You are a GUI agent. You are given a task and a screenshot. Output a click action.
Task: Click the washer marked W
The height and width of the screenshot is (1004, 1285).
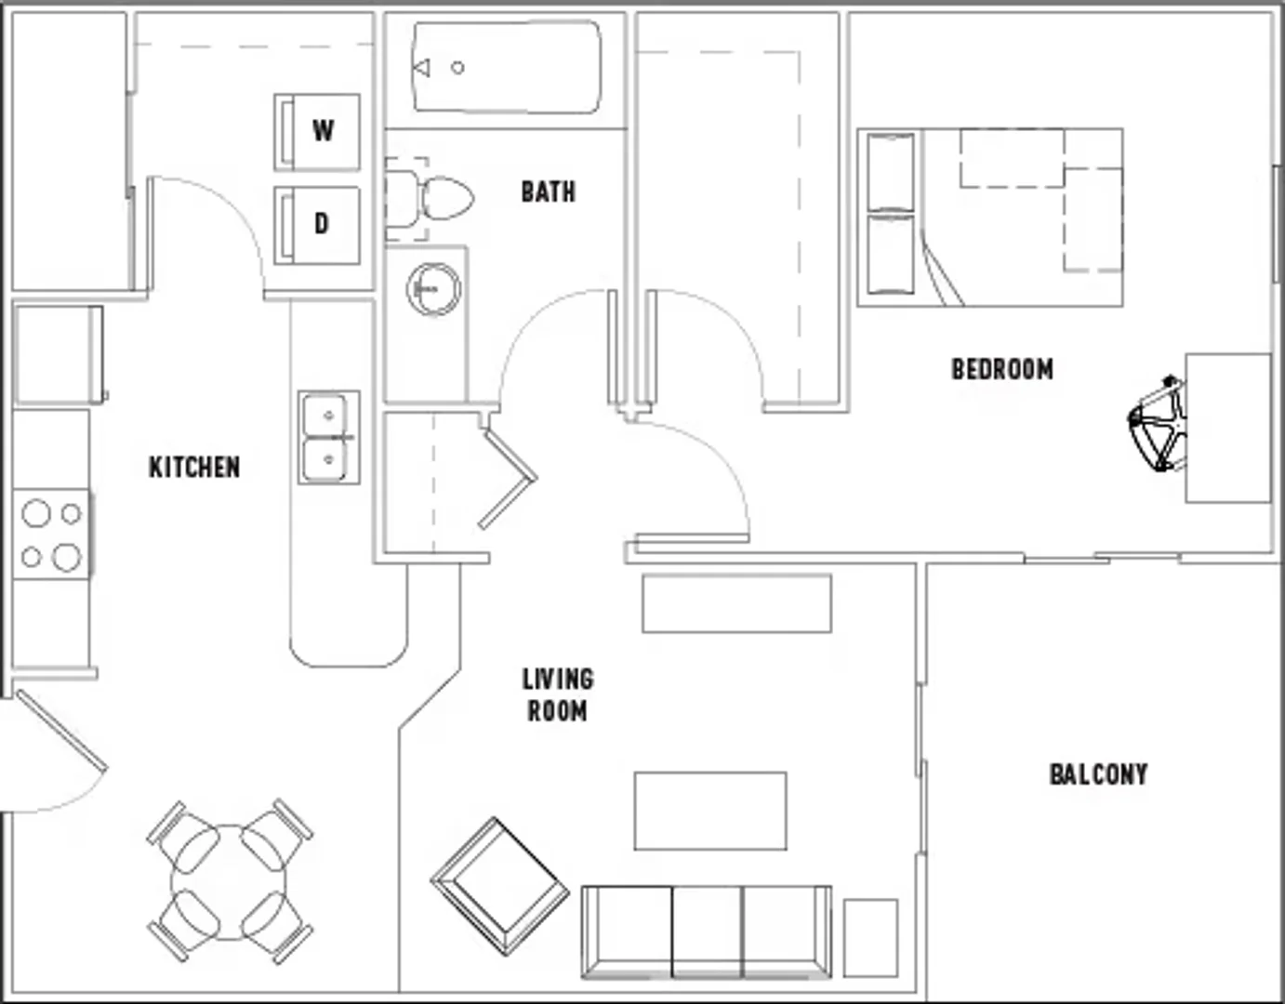point(317,132)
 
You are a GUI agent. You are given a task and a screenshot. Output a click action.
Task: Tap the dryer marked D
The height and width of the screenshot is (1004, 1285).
point(317,225)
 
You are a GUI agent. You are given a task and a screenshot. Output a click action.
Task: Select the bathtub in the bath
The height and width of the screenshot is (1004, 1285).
point(507,67)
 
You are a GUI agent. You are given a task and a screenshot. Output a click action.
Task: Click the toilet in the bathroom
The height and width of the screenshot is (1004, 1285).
point(430,199)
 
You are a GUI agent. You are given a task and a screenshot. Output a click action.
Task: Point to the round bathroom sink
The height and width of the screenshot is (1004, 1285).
point(434,289)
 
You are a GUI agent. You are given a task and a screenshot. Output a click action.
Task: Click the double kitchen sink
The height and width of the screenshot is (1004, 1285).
point(329,437)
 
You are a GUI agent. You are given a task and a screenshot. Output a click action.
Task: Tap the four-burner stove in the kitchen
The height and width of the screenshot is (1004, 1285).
point(51,535)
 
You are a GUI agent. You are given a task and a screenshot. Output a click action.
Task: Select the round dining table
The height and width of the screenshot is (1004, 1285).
point(229,882)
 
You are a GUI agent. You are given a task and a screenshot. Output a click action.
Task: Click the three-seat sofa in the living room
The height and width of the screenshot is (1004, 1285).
point(707,931)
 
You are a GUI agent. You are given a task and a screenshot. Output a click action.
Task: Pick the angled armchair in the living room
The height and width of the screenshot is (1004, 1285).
point(500,887)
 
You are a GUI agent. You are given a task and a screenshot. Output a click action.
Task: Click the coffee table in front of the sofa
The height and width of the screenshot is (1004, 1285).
point(710,811)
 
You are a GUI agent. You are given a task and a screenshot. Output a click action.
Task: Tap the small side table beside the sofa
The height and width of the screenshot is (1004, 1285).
point(870,938)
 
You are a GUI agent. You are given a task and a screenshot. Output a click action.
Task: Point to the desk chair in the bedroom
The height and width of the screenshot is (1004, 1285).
point(1158,423)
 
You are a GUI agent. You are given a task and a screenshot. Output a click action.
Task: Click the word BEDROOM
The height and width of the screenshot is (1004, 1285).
point(1002,369)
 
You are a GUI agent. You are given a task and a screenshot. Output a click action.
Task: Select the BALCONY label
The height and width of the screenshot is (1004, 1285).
point(1098,774)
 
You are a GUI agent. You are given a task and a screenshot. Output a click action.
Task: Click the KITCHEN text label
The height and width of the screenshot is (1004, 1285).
point(194,468)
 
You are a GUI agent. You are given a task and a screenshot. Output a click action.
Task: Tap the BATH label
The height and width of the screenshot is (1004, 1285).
point(549,192)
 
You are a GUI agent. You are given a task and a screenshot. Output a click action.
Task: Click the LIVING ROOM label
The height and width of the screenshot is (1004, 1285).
point(558,695)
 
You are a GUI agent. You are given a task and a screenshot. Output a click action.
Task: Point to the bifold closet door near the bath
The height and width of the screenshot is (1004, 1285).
point(508,478)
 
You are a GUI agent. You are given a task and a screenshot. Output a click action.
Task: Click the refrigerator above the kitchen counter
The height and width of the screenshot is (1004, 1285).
point(59,354)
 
